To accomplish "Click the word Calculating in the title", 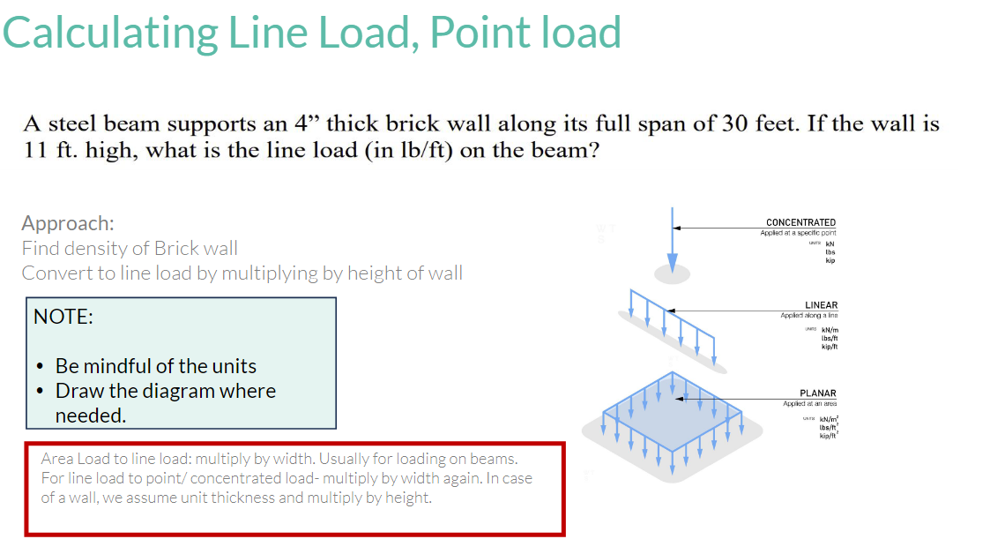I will (x=110, y=34).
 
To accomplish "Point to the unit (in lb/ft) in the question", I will (x=410, y=149).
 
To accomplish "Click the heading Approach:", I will (x=68, y=223).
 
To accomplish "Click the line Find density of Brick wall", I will (x=130, y=248).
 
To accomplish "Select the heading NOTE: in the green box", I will (x=63, y=317).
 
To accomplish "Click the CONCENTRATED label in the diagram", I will (x=800, y=222).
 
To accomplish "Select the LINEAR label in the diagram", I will (x=821, y=305).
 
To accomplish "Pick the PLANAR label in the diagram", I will (x=817, y=393).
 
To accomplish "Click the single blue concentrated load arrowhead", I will (x=673, y=263).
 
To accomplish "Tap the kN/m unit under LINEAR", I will (x=828, y=330).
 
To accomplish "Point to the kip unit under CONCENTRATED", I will (x=830, y=260).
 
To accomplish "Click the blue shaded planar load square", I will (x=672, y=415).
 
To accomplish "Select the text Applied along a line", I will (x=808, y=315).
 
